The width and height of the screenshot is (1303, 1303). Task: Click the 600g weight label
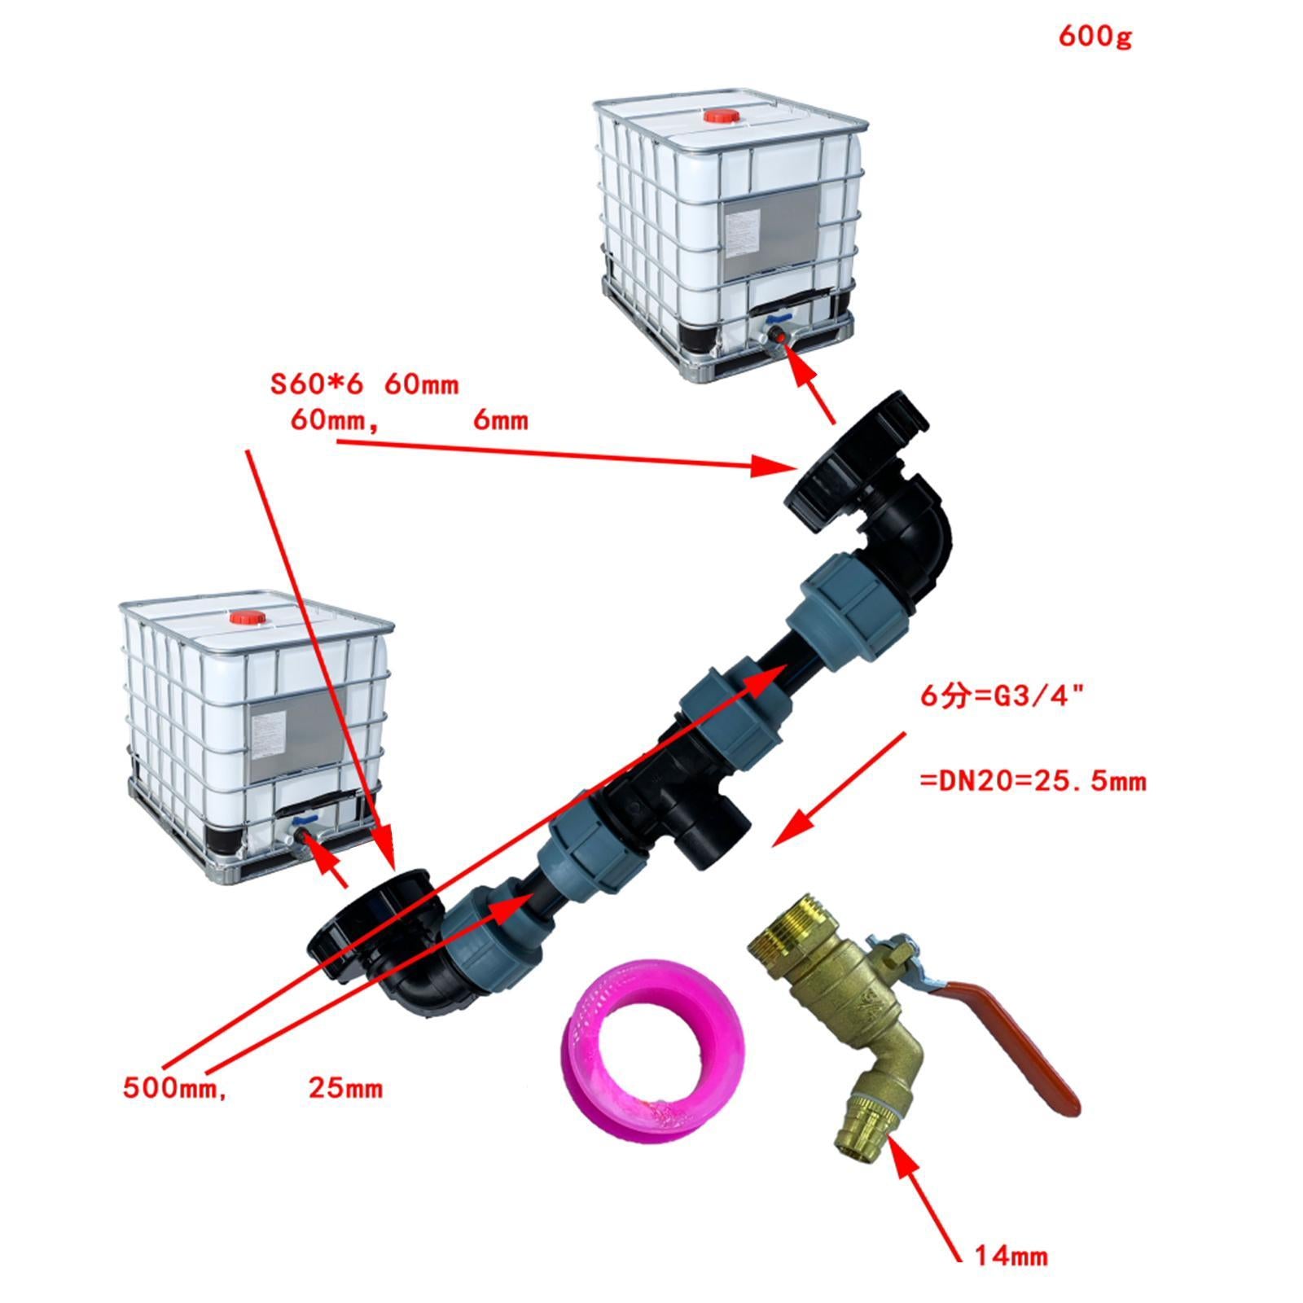pos(1095,37)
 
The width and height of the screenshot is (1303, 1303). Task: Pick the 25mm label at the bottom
pos(345,1088)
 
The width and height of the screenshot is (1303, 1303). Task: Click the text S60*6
pos(318,384)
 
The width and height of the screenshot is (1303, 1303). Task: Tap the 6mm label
pos(500,421)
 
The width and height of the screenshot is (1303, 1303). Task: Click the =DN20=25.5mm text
pos(1032,782)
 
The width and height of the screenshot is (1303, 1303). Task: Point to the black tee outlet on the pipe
pos(712,836)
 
